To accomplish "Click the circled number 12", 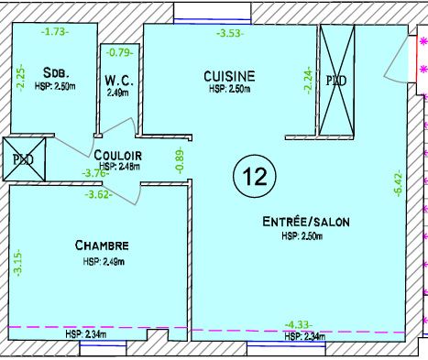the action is pos(255,176).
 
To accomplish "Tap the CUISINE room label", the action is pos(229,76).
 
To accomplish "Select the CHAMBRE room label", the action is pos(102,245).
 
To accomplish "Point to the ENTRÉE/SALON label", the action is pos(306,222).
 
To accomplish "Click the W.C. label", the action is pos(119,81).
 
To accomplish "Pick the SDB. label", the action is pos(56,73).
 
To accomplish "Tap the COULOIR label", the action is pos(118,156).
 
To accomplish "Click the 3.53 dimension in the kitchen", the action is pos(230,33).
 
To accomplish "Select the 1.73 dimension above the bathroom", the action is pos(55,31).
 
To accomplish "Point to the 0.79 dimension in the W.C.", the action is pos(120,52).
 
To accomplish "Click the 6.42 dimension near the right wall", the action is pos(398,185).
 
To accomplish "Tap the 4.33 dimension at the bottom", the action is pos(299,324).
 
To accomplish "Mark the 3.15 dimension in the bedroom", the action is pos(18,263).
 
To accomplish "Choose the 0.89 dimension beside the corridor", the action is pos(181,160).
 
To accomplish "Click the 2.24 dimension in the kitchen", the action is pos(308,81).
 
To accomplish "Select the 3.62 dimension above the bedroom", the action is pos(98,194).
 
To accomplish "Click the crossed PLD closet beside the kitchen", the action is pos(336,81).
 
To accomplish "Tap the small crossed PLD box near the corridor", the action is pos(24,158).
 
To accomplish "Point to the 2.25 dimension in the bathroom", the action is pos(20,78).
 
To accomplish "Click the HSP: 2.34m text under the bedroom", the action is pos(86,334).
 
